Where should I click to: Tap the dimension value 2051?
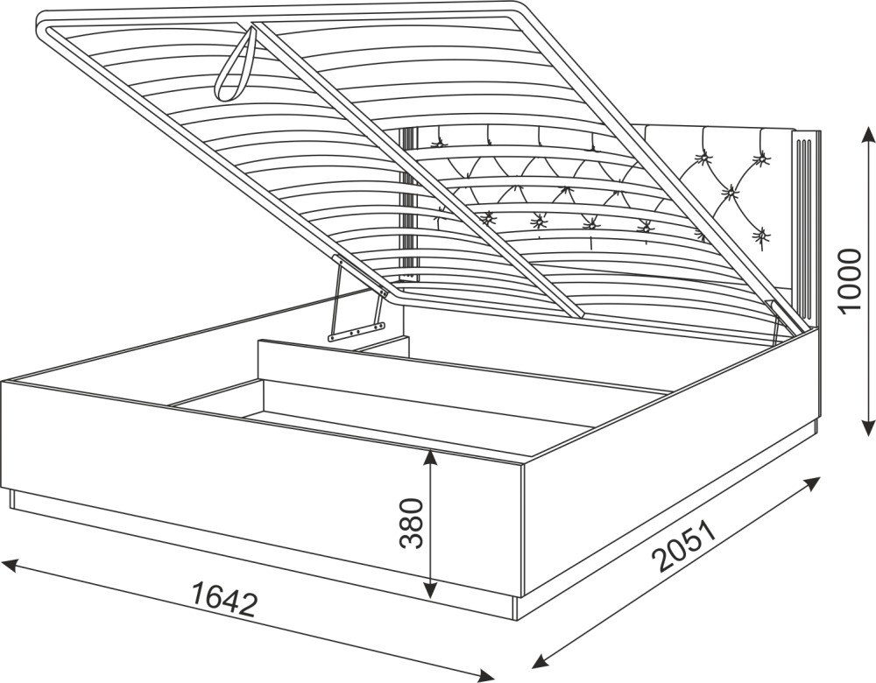coord(687,546)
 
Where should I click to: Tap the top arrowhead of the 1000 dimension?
coord(867,135)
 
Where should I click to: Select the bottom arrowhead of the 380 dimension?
coord(429,589)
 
